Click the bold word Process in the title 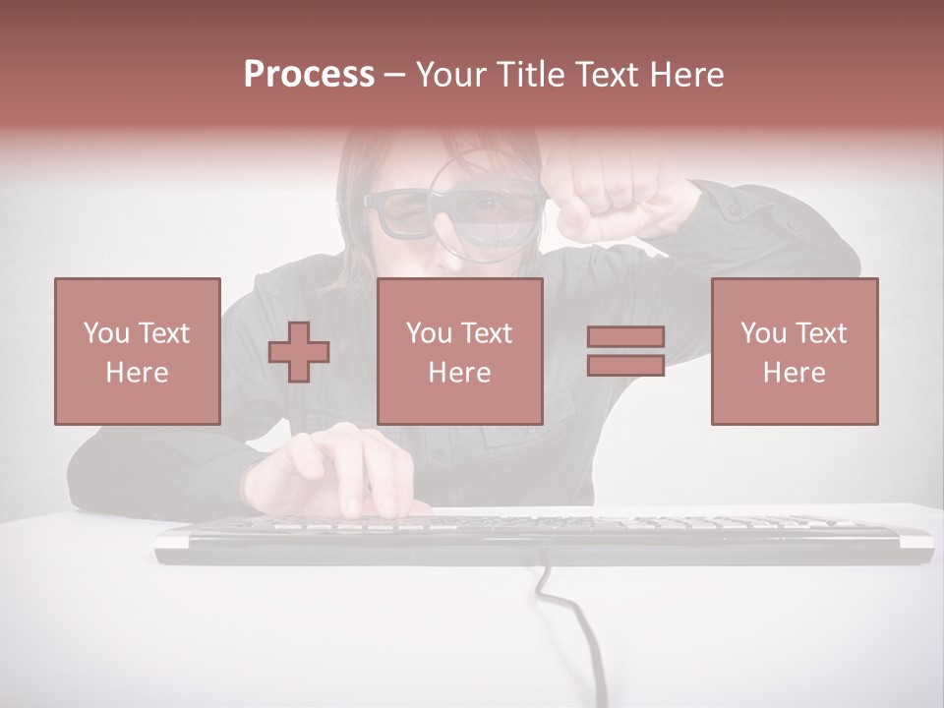(x=309, y=75)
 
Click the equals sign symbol (x=625, y=351)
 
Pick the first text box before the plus (x=138, y=351)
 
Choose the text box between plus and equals (x=459, y=351)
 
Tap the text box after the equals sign (x=794, y=351)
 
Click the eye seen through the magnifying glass (x=488, y=206)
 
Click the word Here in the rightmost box (x=794, y=373)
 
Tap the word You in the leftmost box (x=104, y=332)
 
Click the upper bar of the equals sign (x=625, y=337)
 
